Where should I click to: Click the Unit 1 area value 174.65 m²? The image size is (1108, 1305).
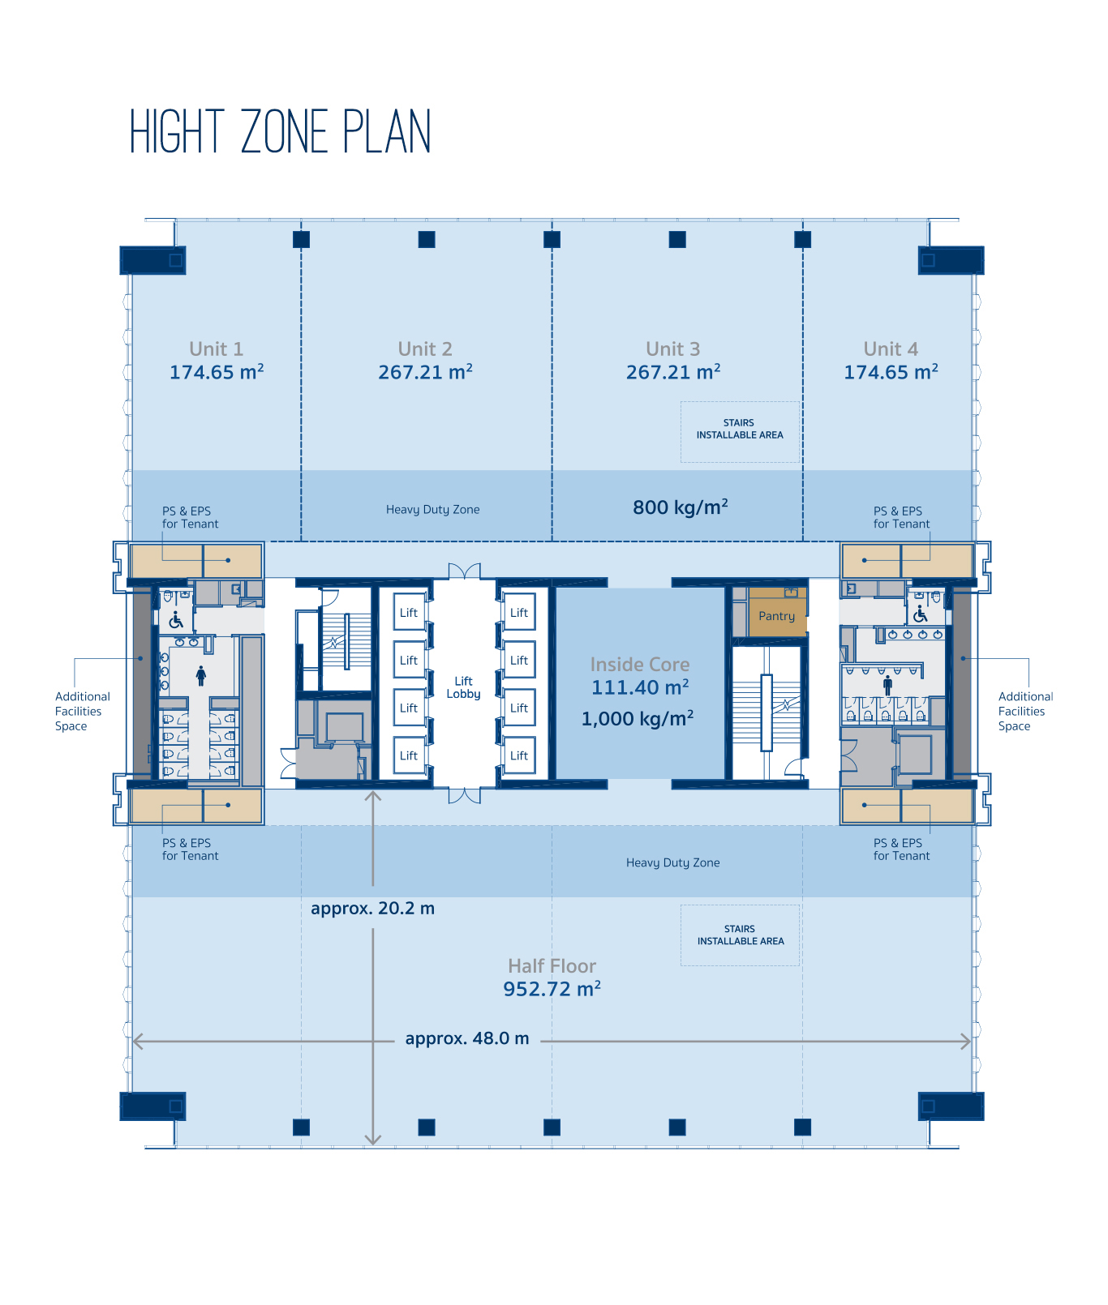click(217, 372)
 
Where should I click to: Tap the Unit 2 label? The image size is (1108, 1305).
click(425, 349)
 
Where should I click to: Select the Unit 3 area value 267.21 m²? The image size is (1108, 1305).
click(673, 372)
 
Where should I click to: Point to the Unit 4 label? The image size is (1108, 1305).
click(891, 349)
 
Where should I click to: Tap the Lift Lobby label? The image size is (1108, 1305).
click(463, 687)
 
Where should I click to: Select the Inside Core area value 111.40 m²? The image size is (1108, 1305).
click(640, 687)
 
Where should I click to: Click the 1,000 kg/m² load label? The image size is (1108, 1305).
click(638, 718)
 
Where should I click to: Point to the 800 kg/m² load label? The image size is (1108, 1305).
click(681, 507)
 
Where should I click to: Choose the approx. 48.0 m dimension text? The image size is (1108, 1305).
click(467, 1038)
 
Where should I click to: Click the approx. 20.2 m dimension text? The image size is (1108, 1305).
click(372, 908)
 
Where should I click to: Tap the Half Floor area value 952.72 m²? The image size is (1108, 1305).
click(552, 989)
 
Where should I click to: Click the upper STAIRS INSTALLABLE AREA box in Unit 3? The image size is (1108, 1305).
click(740, 432)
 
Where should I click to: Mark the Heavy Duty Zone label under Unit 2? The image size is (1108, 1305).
click(433, 510)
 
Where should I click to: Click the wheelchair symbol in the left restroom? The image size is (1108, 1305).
click(176, 621)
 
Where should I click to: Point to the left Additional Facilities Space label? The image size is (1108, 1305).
click(82, 711)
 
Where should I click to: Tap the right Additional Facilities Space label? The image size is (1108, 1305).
click(1025, 711)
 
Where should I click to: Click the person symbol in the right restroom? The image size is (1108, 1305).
click(887, 686)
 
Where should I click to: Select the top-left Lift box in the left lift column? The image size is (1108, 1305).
click(409, 613)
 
